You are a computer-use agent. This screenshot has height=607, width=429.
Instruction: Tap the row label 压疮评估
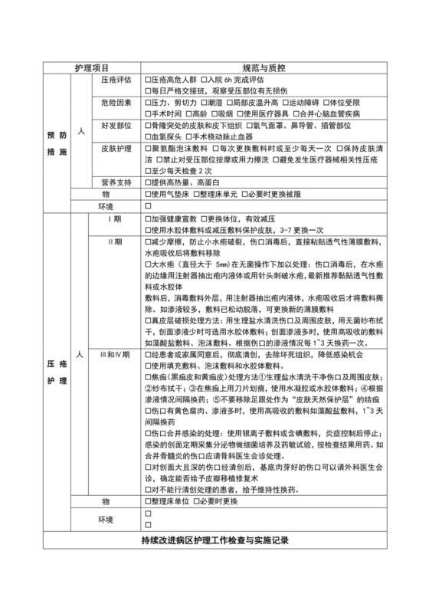116,80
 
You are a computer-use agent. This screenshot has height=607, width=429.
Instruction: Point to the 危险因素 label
116,101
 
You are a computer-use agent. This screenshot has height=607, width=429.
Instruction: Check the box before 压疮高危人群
148,80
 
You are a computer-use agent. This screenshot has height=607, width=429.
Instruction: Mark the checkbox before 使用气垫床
148,194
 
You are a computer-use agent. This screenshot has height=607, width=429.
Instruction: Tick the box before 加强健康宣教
148,218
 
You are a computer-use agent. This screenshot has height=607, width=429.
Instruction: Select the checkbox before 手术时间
148,113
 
